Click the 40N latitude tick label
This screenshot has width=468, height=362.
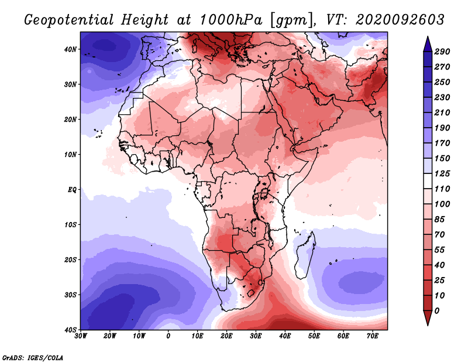[x=70, y=49]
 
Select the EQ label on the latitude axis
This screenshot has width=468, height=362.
[x=72, y=190]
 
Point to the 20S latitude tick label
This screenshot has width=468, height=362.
[x=70, y=259]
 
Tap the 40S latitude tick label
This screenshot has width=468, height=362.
[x=70, y=329]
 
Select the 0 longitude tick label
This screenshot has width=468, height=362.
[x=168, y=336]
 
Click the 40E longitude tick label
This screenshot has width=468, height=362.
[x=285, y=336]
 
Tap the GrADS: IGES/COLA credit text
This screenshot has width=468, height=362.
[x=33, y=357]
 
